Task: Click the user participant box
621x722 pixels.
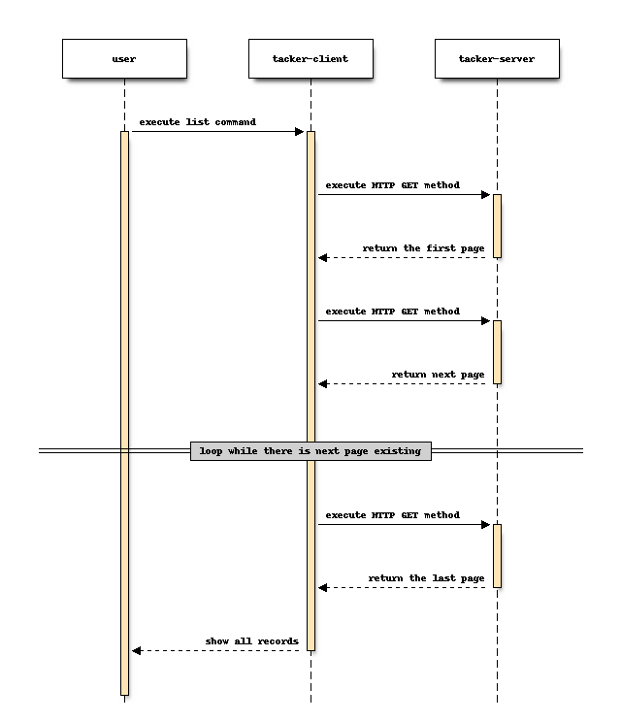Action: [x=124, y=59]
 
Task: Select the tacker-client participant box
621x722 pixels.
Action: [x=310, y=59]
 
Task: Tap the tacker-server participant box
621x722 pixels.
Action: [x=497, y=59]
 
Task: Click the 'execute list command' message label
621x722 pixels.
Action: [x=197, y=122]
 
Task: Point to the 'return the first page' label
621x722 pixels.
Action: [x=423, y=248]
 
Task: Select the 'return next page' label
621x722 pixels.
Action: [x=438, y=374]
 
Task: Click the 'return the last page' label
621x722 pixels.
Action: [x=426, y=578]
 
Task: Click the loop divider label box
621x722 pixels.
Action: [x=310, y=451]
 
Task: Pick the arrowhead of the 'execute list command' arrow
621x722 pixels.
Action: [x=299, y=131]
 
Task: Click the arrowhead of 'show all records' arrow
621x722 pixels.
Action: [x=137, y=650]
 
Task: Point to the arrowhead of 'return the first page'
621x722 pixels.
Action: [x=323, y=257]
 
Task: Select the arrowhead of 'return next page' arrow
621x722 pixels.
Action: [x=323, y=383]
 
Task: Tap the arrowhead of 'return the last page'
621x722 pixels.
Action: [x=323, y=587]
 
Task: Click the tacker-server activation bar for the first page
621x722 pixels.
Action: [x=497, y=225]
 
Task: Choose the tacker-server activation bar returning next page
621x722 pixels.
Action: [x=497, y=351]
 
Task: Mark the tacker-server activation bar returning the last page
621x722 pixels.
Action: [x=497, y=555]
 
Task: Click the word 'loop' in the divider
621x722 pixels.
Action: [x=211, y=451]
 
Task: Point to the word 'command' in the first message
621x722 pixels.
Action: [x=233, y=122]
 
